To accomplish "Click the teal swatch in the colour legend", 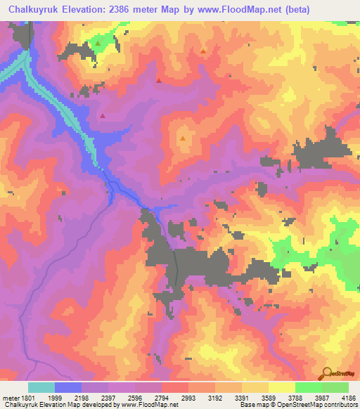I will click(x=41, y=387).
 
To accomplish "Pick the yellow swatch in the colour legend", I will click(x=281, y=387).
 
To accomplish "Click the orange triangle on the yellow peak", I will click(x=183, y=138).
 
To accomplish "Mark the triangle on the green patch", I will click(x=98, y=44).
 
